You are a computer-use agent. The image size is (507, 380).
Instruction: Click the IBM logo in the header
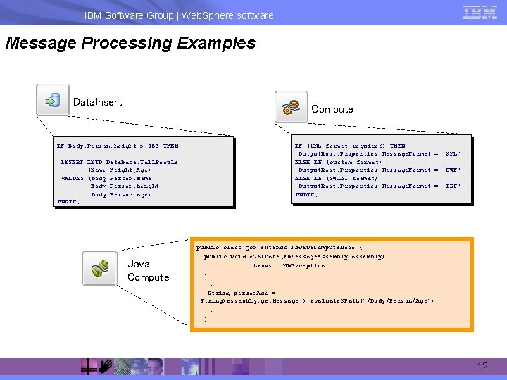tap(480, 12)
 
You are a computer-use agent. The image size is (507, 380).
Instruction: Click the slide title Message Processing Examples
tap(130, 44)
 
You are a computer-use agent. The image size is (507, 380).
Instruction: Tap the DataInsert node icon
tap(53, 100)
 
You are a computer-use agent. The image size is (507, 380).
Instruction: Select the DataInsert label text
tap(97, 102)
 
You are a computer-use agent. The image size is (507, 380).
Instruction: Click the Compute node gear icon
tap(290, 107)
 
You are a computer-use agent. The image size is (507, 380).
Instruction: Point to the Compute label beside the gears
tap(332, 109)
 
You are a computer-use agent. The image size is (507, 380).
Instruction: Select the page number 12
tap(482, 367)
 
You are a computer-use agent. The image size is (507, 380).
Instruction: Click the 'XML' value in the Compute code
tap(451, 154)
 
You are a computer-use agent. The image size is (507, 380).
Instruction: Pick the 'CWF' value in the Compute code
tap(451, 170)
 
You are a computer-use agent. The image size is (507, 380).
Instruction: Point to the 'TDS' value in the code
tap(451, 186)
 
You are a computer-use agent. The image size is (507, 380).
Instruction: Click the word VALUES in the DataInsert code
tap(73, 179)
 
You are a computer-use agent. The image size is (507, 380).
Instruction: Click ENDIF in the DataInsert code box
tap(68, 203)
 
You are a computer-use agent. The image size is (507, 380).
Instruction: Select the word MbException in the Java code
tap(303, 266)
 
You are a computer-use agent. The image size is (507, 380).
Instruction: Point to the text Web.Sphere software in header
tap(227, 15)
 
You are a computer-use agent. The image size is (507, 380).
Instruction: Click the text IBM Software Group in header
tap(130, 15)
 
